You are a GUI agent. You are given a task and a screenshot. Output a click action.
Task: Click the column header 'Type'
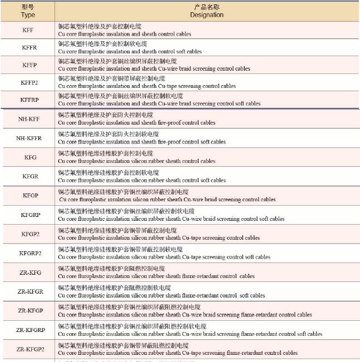tap(28, 15)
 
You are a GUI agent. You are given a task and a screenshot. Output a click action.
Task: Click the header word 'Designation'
tap(206, 15)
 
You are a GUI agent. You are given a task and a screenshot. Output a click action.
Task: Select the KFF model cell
tap(28, 30)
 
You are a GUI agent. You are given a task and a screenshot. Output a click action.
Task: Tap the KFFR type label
tap(29, 47)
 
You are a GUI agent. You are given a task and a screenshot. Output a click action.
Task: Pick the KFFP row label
tap(29, 65)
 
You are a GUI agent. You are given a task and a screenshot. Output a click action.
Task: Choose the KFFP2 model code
tap(29, 82)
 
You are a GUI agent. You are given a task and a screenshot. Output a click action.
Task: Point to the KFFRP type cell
tap(29, 100)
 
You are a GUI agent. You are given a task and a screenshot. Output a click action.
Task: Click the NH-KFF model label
tap(29, 119)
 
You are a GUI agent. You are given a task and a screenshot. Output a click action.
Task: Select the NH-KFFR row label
tap(29, 138)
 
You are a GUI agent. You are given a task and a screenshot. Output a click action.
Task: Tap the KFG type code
tap(30, 157)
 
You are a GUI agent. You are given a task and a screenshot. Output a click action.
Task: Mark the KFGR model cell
tap(30, 176)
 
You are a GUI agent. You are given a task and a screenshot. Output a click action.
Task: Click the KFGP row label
tap(30, 196)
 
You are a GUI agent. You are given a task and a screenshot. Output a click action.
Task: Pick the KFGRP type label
tap(30, 215)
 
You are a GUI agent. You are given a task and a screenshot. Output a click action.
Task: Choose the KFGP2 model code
tap(30, 234)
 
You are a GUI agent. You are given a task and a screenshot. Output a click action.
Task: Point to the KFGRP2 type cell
tap(30, 253)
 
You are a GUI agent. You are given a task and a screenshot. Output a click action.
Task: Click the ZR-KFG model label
tap(30, 272)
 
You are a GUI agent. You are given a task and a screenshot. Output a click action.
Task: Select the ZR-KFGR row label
tap(30, 291)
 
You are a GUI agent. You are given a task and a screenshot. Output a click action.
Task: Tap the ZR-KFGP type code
tap(30, 310)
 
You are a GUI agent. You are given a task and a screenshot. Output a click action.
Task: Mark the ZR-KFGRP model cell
tap(31, 330)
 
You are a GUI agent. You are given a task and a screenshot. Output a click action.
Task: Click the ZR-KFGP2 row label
tap(31, 349)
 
